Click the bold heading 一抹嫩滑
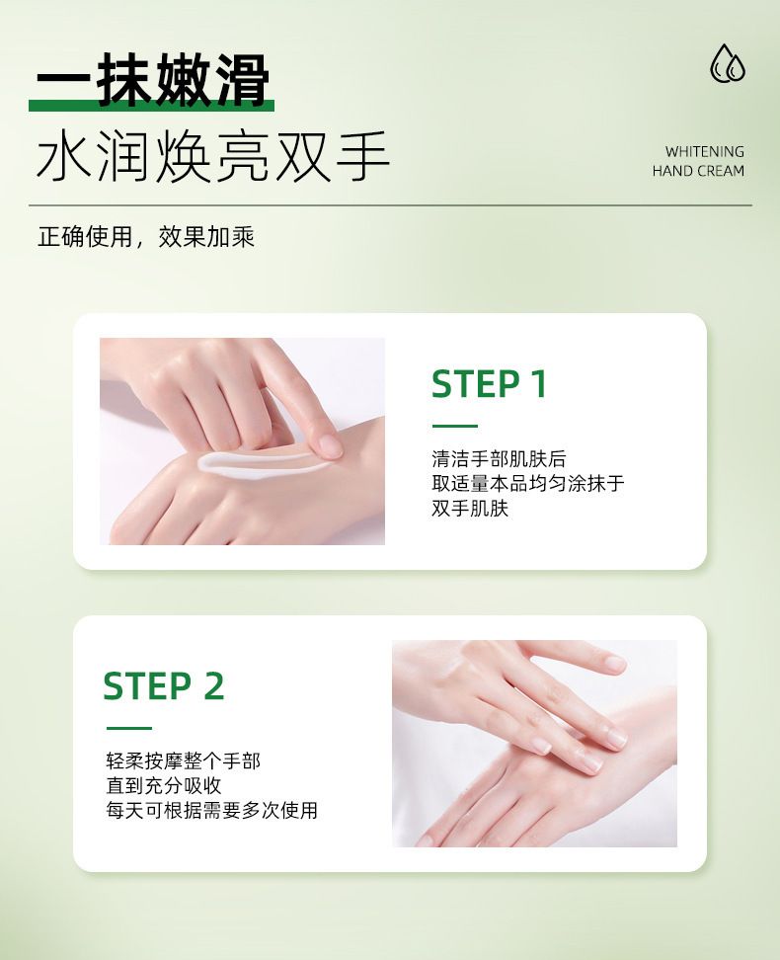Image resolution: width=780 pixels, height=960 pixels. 153,80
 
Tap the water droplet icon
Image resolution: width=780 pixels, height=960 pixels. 728,63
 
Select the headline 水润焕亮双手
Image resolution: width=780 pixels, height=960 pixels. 213,157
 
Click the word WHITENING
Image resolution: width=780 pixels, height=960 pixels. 705,151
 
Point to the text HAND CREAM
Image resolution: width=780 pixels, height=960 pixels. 699,171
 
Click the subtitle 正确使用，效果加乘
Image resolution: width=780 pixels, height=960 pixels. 146,236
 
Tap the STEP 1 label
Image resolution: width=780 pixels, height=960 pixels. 489,384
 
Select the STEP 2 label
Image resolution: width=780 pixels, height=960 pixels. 164,685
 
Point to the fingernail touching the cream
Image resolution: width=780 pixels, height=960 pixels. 331,445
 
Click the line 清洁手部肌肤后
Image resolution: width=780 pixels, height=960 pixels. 499,459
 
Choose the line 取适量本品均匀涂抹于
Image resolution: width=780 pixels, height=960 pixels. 528,484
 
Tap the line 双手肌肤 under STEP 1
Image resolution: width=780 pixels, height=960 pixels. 470,509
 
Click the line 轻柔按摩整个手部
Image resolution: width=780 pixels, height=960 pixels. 183,761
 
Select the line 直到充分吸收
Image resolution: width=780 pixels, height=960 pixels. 164,785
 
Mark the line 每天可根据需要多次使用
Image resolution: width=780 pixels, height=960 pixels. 212,810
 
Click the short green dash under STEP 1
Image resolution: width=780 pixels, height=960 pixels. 454,426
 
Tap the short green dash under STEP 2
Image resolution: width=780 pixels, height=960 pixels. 128,728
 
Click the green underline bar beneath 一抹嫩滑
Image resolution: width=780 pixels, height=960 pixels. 151,106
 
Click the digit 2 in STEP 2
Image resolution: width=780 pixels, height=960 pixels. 213,685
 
